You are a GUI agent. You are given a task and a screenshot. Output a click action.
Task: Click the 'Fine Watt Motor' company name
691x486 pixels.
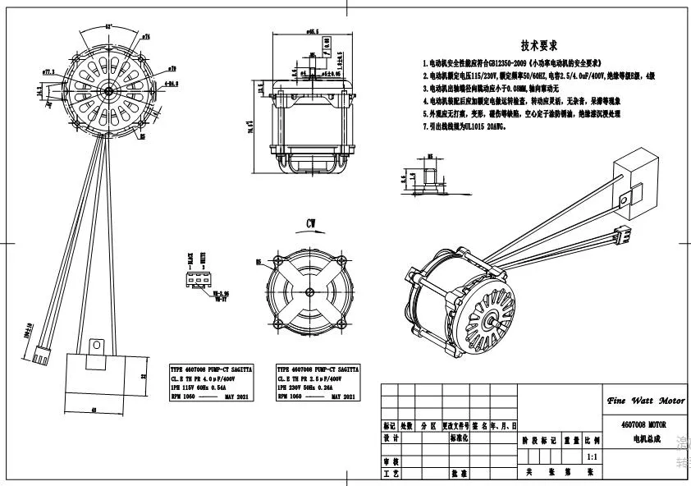[644, 401]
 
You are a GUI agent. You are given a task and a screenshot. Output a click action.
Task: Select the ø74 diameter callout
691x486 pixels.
[145, 37]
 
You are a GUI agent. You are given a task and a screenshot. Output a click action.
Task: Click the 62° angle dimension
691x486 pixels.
[108, 26]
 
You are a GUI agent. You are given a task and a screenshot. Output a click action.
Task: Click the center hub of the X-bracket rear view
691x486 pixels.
[311, 287]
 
